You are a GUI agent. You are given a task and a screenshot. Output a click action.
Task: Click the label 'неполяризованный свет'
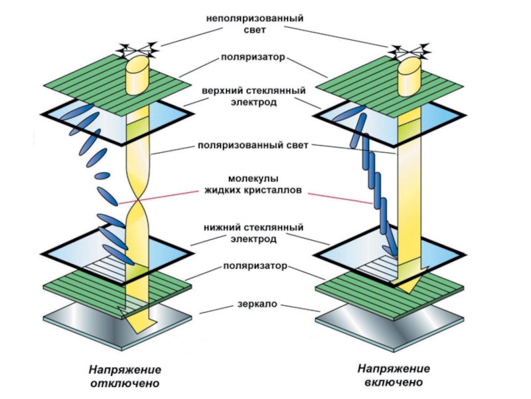coord(254,25)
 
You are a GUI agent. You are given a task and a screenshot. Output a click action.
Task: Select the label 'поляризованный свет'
coord(254,146)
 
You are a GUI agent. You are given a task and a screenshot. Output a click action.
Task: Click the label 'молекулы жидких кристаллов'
coord(255,185)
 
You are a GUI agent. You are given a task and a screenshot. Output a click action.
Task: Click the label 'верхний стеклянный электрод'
coord(254,96)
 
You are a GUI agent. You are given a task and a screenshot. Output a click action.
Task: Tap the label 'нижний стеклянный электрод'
coord(254,233)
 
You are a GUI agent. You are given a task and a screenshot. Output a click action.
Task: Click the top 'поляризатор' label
coord(254,58)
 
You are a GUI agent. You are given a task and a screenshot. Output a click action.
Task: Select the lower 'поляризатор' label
coord(254,266)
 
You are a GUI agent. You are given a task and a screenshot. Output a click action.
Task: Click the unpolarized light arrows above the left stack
coord(138,48)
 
